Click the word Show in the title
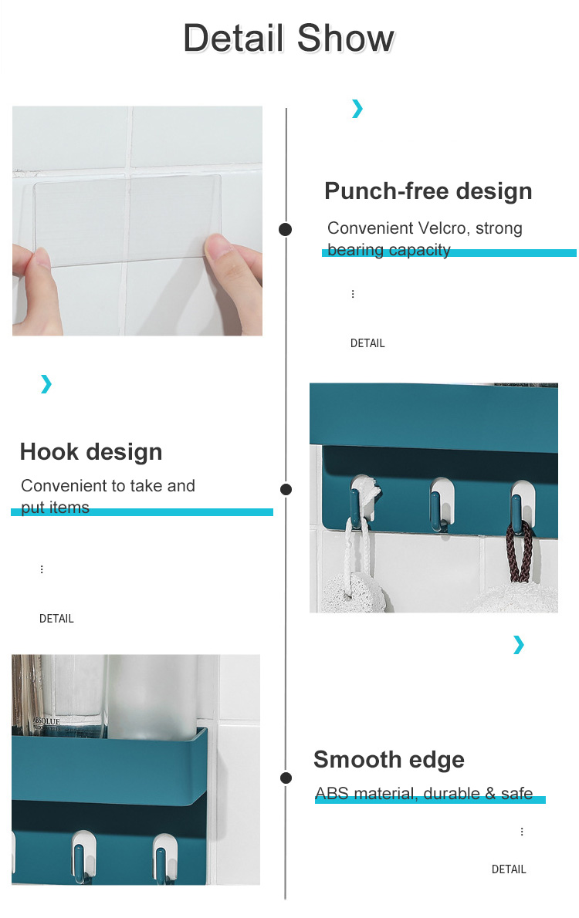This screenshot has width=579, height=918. (346, 38)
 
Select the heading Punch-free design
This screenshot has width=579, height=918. (428, 191)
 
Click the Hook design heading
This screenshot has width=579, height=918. (91, 452)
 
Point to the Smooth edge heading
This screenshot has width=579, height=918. (389, 759)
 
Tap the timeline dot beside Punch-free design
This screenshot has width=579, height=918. (286, 230)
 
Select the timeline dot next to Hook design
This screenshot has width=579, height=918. (286, 489)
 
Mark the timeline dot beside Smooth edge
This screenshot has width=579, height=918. (286, 778)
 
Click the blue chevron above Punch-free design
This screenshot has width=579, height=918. (357, 108)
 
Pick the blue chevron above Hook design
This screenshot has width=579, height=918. (46, 384)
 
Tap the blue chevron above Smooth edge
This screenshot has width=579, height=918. (519, 645)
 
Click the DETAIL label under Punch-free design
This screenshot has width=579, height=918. (367, 343)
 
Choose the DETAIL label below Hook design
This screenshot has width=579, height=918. (56, 618)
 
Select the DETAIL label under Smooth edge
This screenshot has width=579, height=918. (509, 869)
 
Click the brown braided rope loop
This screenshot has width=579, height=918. (519, 550)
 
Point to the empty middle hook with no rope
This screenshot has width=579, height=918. (441, 504)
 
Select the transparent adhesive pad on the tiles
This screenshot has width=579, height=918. (127, 221)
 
